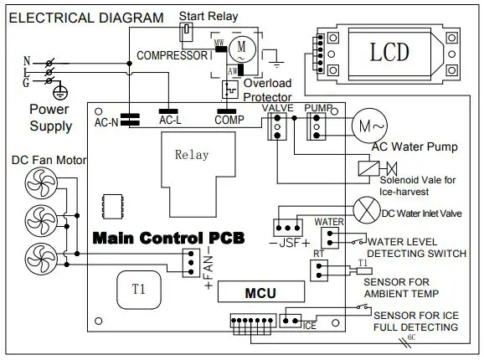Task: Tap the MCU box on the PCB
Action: (x=260, y=294)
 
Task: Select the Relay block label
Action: (x=192, y=155)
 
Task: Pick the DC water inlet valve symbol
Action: (x=366, y=206)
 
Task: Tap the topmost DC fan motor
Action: (x=37, y=183)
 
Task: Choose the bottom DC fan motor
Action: (x=37, y=255)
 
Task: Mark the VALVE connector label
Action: (x=277, y=109)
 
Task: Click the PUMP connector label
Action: (x=318, y=109)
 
